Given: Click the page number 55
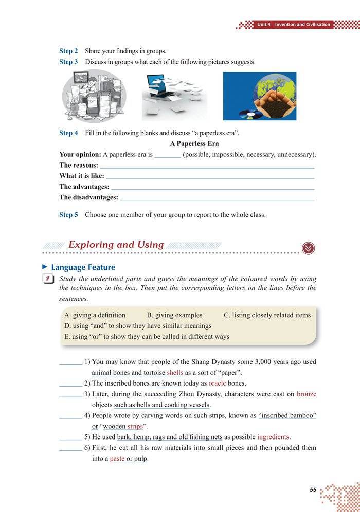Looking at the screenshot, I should click(x=313, y=490).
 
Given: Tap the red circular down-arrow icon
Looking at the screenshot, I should click(x=309, y=248).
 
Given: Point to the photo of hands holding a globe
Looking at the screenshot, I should click(x=259, y=96).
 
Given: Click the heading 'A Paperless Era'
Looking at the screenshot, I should click(x=194, y=144).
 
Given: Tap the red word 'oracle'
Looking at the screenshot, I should click(x=217, y=383).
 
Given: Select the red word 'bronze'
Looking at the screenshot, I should click(x=307, y=394).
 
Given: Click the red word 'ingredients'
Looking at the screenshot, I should click(x=274, y=437).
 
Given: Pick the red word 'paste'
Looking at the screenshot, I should click(x=117, y=459).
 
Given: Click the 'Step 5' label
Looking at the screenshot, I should click(x=68, y=215).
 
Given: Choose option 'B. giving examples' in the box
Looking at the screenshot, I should click(x=174, y=315).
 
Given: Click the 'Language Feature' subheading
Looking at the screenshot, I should click(x=83, y=267).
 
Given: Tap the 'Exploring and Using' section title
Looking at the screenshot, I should click(x=116, y=245).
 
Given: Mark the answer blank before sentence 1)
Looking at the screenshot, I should click(x=70, y=363).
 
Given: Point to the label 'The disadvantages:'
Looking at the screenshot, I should click(x=88, y=197).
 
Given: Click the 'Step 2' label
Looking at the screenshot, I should click(x=68, y=51).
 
